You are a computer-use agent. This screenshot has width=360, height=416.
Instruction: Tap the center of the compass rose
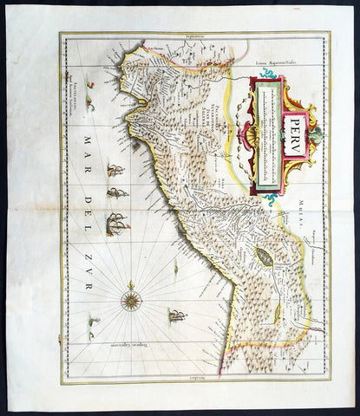(132, 301)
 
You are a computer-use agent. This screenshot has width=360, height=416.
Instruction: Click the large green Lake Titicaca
(263, 256)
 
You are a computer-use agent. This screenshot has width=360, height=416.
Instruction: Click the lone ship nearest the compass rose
(177, 314)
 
